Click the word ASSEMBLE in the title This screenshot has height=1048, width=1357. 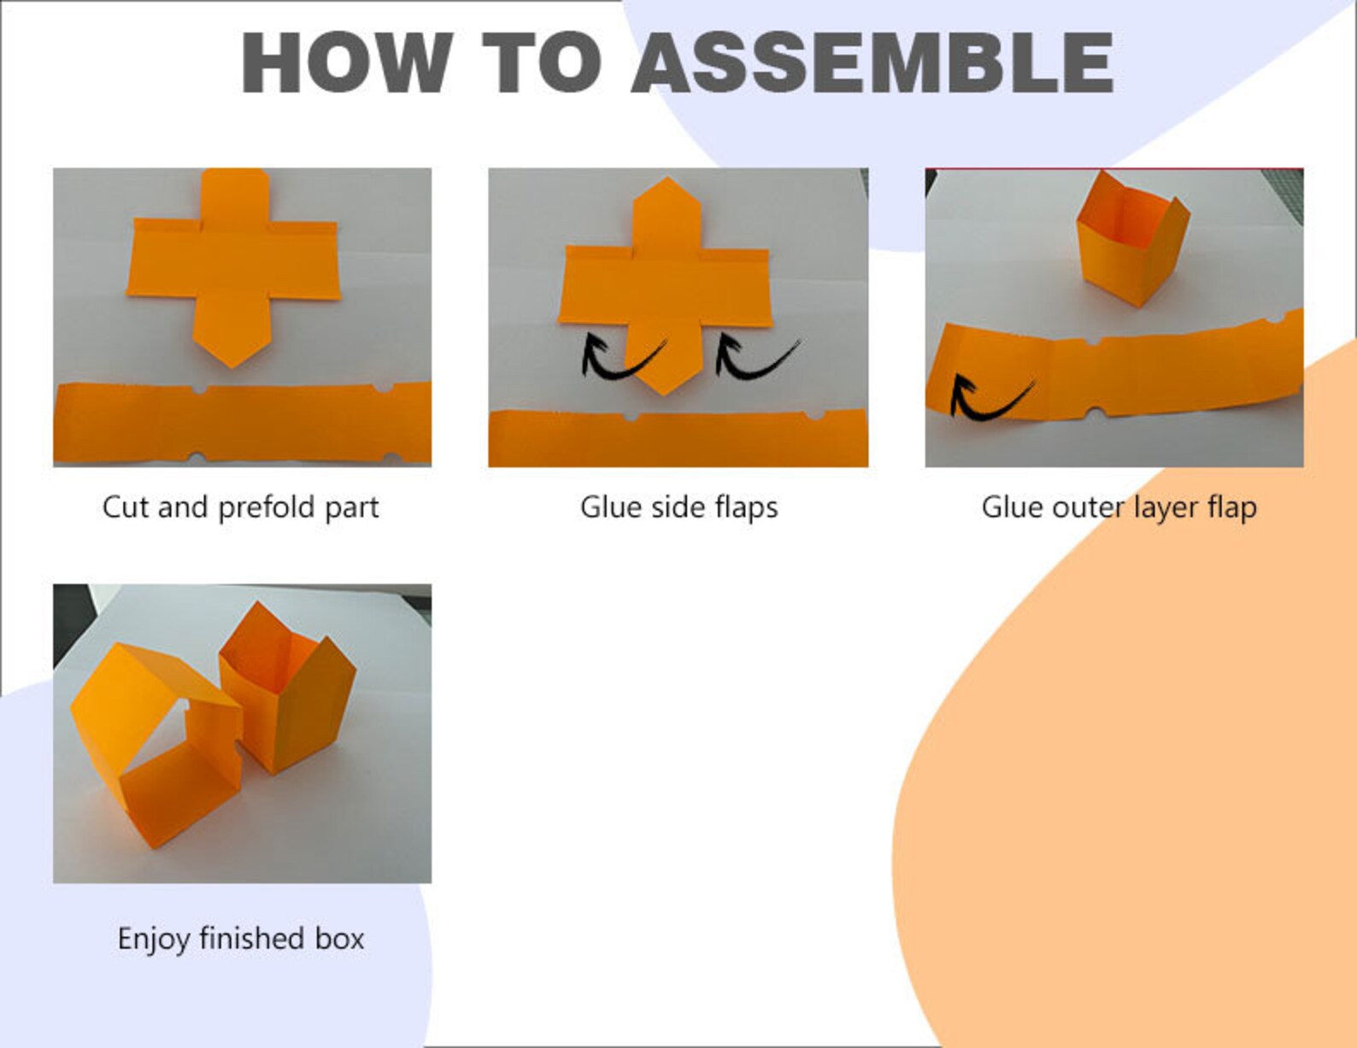click(x=873, y=63)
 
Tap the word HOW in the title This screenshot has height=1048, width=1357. click(x=347, y=63)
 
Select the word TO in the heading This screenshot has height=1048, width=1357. click(x=543, y=63)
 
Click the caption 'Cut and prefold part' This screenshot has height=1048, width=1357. click(x=240, y=507)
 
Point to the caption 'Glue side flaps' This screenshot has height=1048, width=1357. click(x=678, y=507)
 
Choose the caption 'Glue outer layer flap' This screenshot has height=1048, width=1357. click(x=1119, y=507)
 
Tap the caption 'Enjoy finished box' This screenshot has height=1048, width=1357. click(x=241, y=939)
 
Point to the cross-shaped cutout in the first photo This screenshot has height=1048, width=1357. click(x=233, y=262)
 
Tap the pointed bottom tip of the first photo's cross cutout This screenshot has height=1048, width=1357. click(x=233, y=367)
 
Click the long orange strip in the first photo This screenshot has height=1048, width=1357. click(x=243, y=423)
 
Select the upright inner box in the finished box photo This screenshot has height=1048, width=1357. click(x=287, y=690)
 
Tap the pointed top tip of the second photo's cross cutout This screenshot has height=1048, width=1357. click(x=667, y=178)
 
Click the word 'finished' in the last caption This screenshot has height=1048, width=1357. click(x=252, y=938)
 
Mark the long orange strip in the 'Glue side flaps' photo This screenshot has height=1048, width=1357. click(x=678, y=437)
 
